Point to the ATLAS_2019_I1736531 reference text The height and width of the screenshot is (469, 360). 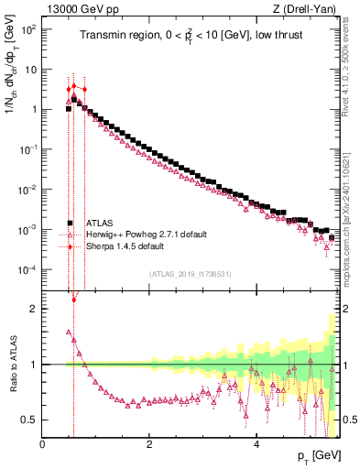(190, 275)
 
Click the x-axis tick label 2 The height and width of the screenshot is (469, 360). (149, 445)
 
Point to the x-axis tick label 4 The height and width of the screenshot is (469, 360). (256, 445)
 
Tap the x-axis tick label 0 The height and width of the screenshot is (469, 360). (43, 445)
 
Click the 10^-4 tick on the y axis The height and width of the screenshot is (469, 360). (27, 269)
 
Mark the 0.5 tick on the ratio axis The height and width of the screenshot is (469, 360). (28, 420)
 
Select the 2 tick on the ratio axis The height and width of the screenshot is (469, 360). (33, 309)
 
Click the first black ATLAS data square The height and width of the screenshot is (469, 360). (69, 109)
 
